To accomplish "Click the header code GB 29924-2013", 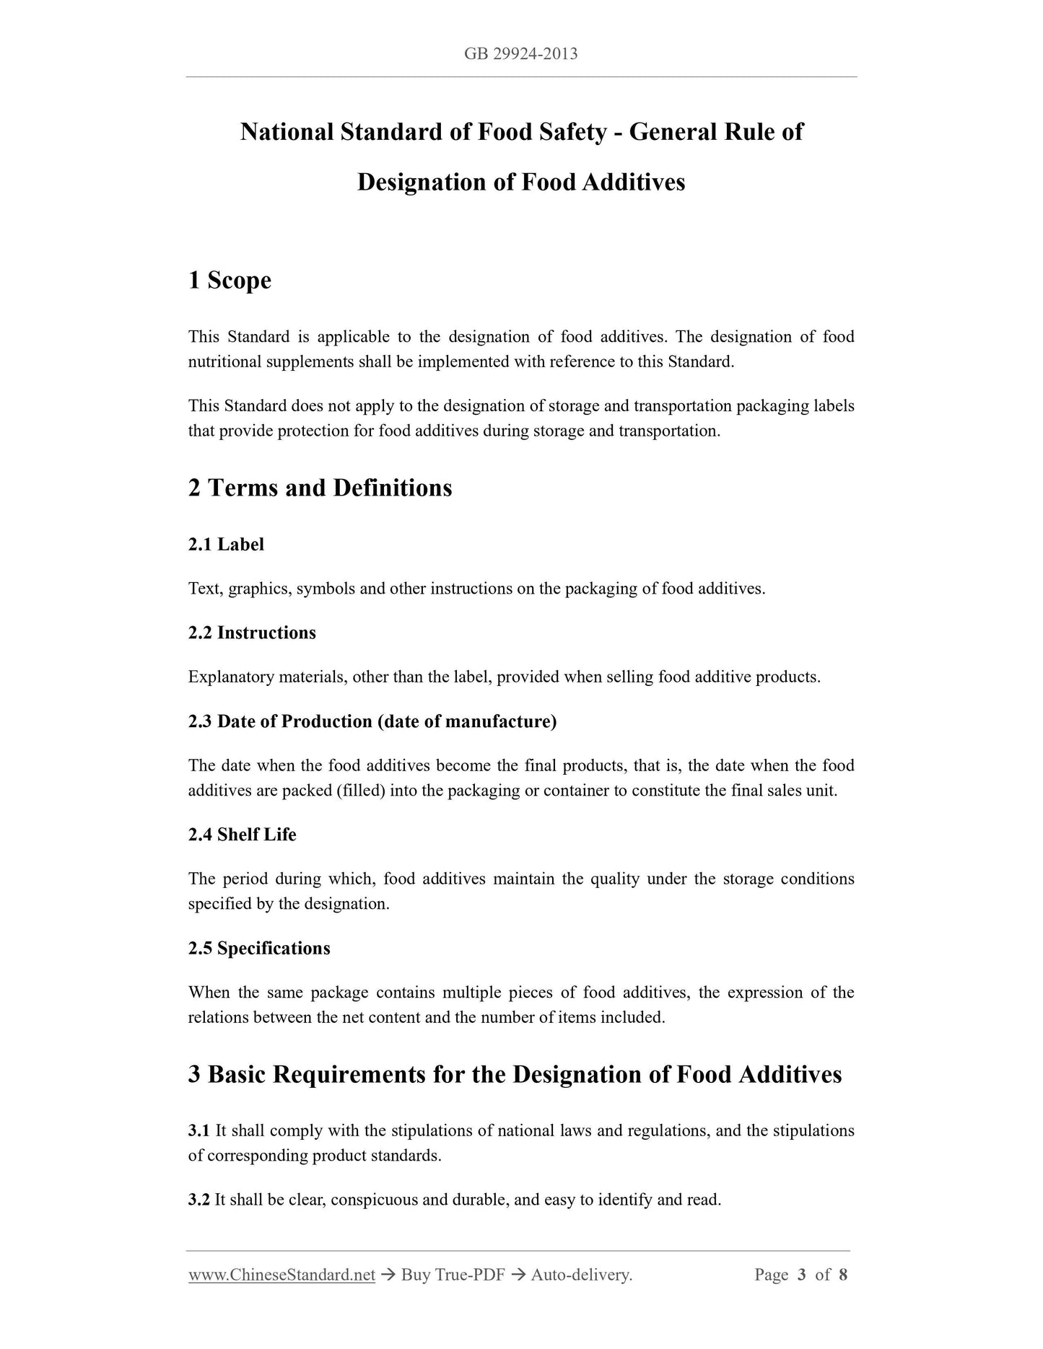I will click(521, 54).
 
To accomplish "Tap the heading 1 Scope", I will click(230, 280).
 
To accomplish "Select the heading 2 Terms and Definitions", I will click(320, 488).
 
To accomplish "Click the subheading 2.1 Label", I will click(226, 545).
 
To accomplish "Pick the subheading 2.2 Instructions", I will click(252, 633).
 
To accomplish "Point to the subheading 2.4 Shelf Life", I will click(242, 835).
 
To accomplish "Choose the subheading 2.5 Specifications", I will click(259, 948).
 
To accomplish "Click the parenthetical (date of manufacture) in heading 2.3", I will click(467, 721).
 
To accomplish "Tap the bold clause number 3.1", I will click(198, 1130).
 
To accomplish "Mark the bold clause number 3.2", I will click(198, 1200).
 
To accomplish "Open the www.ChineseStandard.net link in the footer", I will click(282, 1275).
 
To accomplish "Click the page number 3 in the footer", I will click(801, 1275).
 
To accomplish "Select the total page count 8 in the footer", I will click(842, 1275).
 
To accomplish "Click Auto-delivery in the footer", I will click(581, 1275).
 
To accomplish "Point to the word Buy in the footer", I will click(415, 1275).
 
